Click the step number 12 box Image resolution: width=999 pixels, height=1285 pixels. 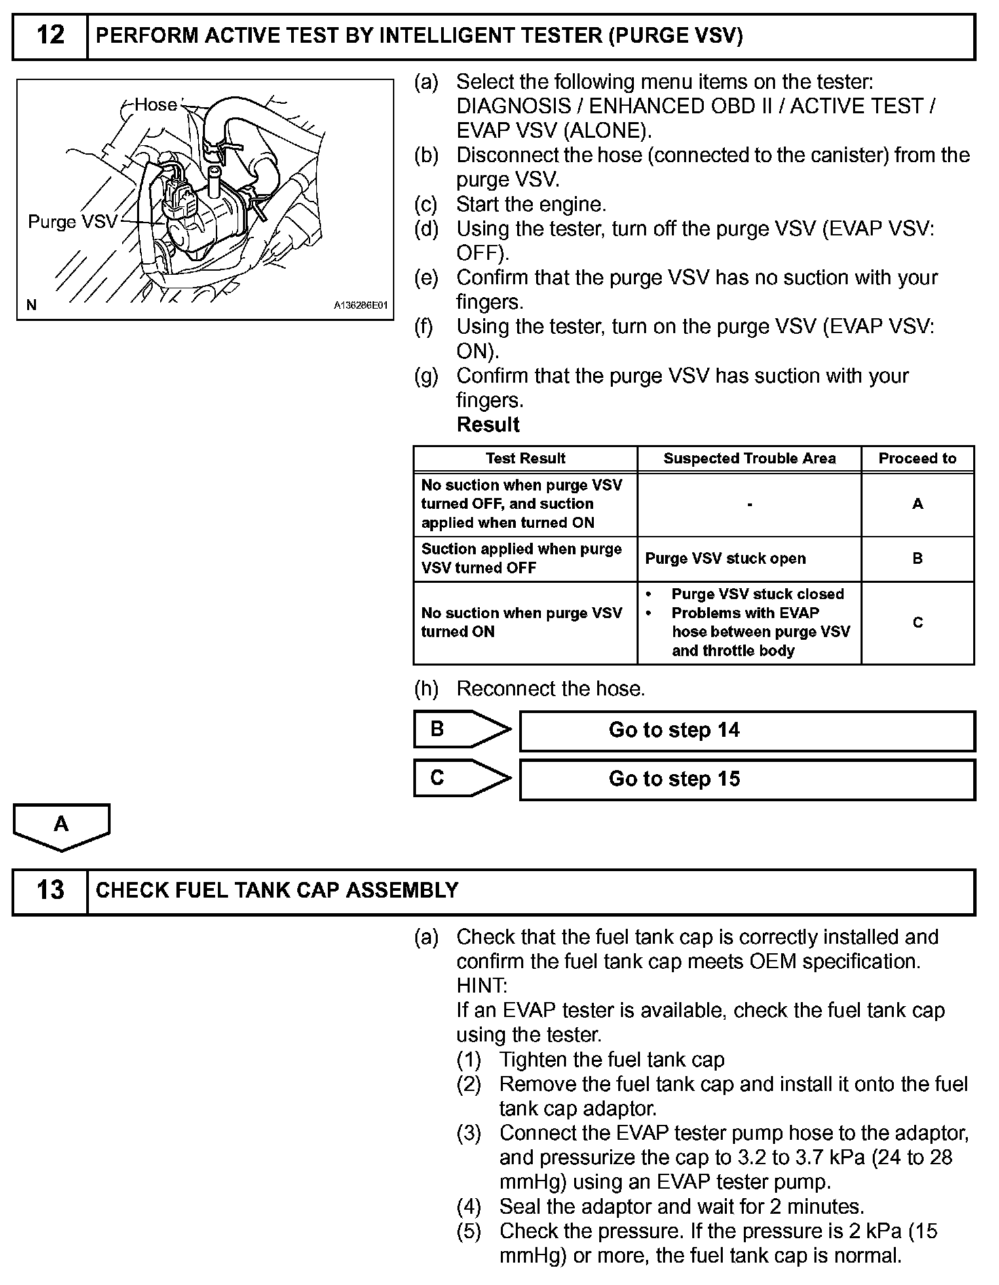click(50, 35)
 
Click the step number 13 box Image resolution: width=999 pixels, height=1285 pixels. click(50, 890)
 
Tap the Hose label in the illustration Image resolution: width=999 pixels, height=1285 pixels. click(155, 104)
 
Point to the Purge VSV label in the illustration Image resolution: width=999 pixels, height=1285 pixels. click(73, 222)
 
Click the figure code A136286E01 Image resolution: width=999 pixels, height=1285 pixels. click(360, 305)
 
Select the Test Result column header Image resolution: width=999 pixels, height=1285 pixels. click(525, 459)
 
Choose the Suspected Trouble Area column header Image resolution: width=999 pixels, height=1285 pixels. click(749, 459)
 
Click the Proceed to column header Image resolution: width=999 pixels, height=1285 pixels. click(917, 459)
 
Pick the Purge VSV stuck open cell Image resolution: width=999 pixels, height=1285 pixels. click(725, 558)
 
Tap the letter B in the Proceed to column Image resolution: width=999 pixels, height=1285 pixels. click(918, 558)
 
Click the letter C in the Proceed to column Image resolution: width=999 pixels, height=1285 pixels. click(918, 622)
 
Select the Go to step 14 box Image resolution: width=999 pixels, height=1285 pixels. click(747, 730)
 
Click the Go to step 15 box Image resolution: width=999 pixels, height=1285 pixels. click(747, 779)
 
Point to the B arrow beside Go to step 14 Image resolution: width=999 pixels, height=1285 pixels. click(461, 729)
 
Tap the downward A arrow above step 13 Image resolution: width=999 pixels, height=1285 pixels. click(61, 826)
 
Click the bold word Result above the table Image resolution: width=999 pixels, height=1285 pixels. click(488, 425)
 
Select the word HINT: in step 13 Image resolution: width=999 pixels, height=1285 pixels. click(481, 986)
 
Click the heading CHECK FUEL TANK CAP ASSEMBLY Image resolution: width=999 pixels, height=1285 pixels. click(277, 890)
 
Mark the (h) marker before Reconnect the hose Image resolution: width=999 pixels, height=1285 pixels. click(426, 689)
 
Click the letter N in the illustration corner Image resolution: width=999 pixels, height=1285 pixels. click(31, 305)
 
